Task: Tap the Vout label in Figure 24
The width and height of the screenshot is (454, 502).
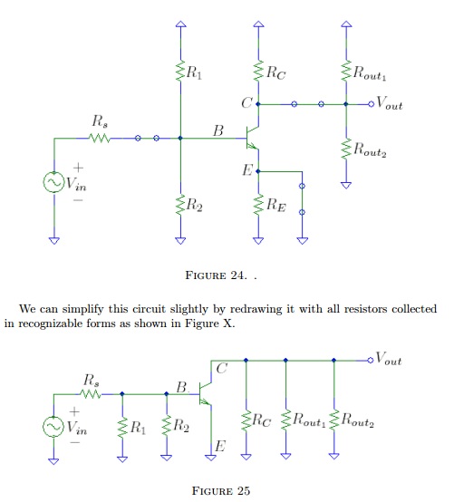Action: [x=390, y=104]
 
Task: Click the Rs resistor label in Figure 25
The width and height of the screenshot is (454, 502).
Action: [x=91, y=378]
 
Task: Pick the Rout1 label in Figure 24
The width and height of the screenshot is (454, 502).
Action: [x=369, y=70]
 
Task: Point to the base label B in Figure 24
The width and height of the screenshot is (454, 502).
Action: [x=217, y=132]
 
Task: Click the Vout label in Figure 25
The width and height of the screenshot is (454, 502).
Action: [x=390, y=361]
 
